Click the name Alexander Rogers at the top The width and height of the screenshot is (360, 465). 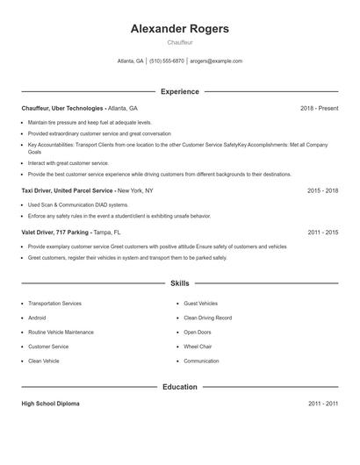click(179, 29)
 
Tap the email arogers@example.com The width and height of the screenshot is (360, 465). click(216, 61)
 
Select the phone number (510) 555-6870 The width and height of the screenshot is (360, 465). click(167, 61)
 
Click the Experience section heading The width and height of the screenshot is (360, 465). click(179, 91)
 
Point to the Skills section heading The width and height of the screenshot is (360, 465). click(179, 283)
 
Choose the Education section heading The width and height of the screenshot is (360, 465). click(179, 386)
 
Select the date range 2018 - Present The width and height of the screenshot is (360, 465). click(319, 108)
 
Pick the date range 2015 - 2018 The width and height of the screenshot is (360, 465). click(322, 190)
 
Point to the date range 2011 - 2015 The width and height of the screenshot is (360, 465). click(322, 232)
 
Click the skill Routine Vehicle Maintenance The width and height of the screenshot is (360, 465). click(61, 333)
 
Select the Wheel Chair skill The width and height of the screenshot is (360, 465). click(199, 347)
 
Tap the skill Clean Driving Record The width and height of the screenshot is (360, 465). click(207, 318)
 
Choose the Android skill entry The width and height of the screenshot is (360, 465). click(38, 318)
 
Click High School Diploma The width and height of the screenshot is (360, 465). click(51, 404)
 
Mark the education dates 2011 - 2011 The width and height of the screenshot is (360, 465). click(322, 404)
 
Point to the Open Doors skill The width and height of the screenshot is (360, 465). click(198, 333)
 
